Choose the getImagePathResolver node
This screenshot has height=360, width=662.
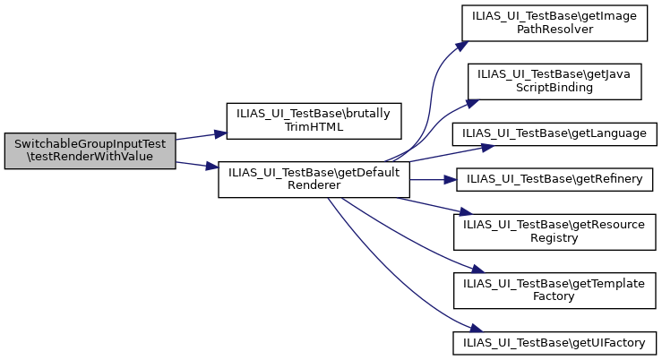tap(554, 22)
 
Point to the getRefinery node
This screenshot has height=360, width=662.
tap(555, 180)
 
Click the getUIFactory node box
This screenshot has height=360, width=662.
tap(555, 342)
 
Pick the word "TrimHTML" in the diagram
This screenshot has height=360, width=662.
tap(314, 127)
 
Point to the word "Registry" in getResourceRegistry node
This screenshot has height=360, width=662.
tap(555, 239)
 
